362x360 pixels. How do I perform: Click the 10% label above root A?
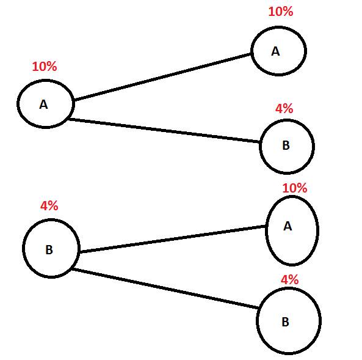tap(45, 67)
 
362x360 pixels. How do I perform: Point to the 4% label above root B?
tap(49, 205)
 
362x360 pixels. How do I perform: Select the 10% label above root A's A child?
tap(281, 12)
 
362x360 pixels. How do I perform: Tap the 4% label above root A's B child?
tap(284, 108)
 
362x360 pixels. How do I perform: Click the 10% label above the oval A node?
tap(295, 188)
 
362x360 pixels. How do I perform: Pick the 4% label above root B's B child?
tap(290, 279)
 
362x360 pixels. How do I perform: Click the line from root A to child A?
tap(162, 77)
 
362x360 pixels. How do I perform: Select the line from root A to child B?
tap(164, 130)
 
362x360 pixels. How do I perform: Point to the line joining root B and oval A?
tap(173, 239)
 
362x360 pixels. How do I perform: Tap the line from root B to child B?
tap(165, 288)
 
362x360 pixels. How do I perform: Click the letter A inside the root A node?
tap(43, 105)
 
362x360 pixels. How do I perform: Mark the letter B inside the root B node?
tap(49, 250)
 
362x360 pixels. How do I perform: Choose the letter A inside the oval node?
tap(288, 226)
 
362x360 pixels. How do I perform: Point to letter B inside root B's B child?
tap(286, 322)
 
